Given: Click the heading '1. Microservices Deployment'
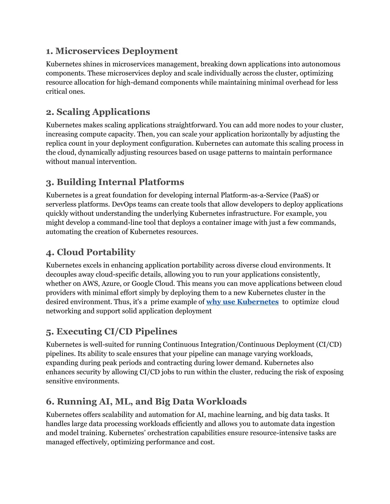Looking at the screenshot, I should click(x=112, y=51).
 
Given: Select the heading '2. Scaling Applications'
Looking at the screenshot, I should click(x=98, y=112).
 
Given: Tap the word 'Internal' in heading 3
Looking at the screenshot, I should click(x=117, y=182).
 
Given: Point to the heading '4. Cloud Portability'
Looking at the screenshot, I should click(x=91, y=252).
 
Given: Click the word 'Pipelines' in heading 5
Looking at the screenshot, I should click(x=156, y=332).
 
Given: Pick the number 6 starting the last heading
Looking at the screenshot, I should click(x=50, y=402).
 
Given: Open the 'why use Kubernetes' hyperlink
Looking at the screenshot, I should click(x=242, y=302).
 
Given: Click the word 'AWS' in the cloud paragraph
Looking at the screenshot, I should click(x=90, y=283).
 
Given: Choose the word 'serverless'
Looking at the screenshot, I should click(x=61, y=204).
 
